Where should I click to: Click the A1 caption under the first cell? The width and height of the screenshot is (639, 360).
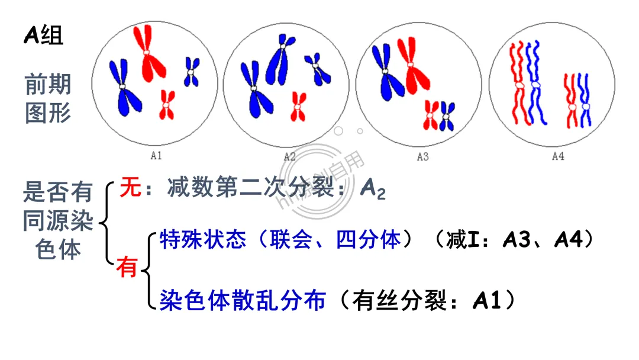click(x=156, y=156)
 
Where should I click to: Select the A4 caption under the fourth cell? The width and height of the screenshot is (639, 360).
click(x=557, y=156)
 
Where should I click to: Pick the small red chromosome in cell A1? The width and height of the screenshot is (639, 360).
click(x=167, y=104)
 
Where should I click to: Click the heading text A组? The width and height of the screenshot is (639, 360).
click(x=43, y=37)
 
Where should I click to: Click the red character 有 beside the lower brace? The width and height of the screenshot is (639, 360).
click(x=126, y=268)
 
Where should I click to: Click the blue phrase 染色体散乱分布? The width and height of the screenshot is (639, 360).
click(x=243, y=301)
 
